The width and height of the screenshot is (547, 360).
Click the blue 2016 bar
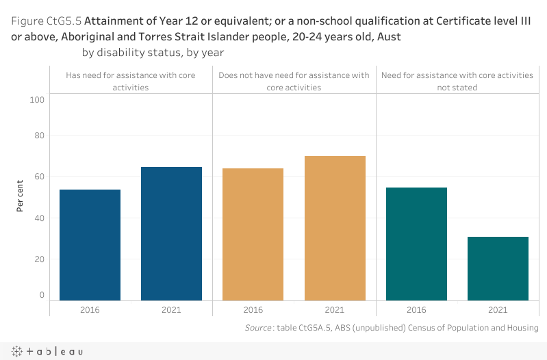(90, 244)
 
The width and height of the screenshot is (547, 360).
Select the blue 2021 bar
(171, 233)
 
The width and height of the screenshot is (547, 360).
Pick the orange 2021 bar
(335, 228)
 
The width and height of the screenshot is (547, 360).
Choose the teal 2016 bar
(416, 244)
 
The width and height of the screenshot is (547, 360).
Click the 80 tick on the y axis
(39, 136)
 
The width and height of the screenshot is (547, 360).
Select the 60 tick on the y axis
(39, 177)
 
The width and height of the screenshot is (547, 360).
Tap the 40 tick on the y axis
(39, 218)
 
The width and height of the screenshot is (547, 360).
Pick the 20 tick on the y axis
(39, 259)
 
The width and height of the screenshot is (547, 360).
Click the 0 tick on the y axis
(41, 295)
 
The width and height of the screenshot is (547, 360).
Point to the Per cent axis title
(20, 195)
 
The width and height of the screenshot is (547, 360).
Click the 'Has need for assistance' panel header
(131, 81)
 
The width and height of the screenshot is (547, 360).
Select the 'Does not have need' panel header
(294, 81)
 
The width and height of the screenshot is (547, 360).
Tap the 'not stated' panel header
(457, 81)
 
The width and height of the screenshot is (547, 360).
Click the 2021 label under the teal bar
(498, 310)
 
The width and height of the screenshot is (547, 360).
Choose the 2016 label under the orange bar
(253, 310)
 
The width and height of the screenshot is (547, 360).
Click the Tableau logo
(48, 351)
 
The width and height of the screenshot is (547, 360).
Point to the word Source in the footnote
(258, 329)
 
